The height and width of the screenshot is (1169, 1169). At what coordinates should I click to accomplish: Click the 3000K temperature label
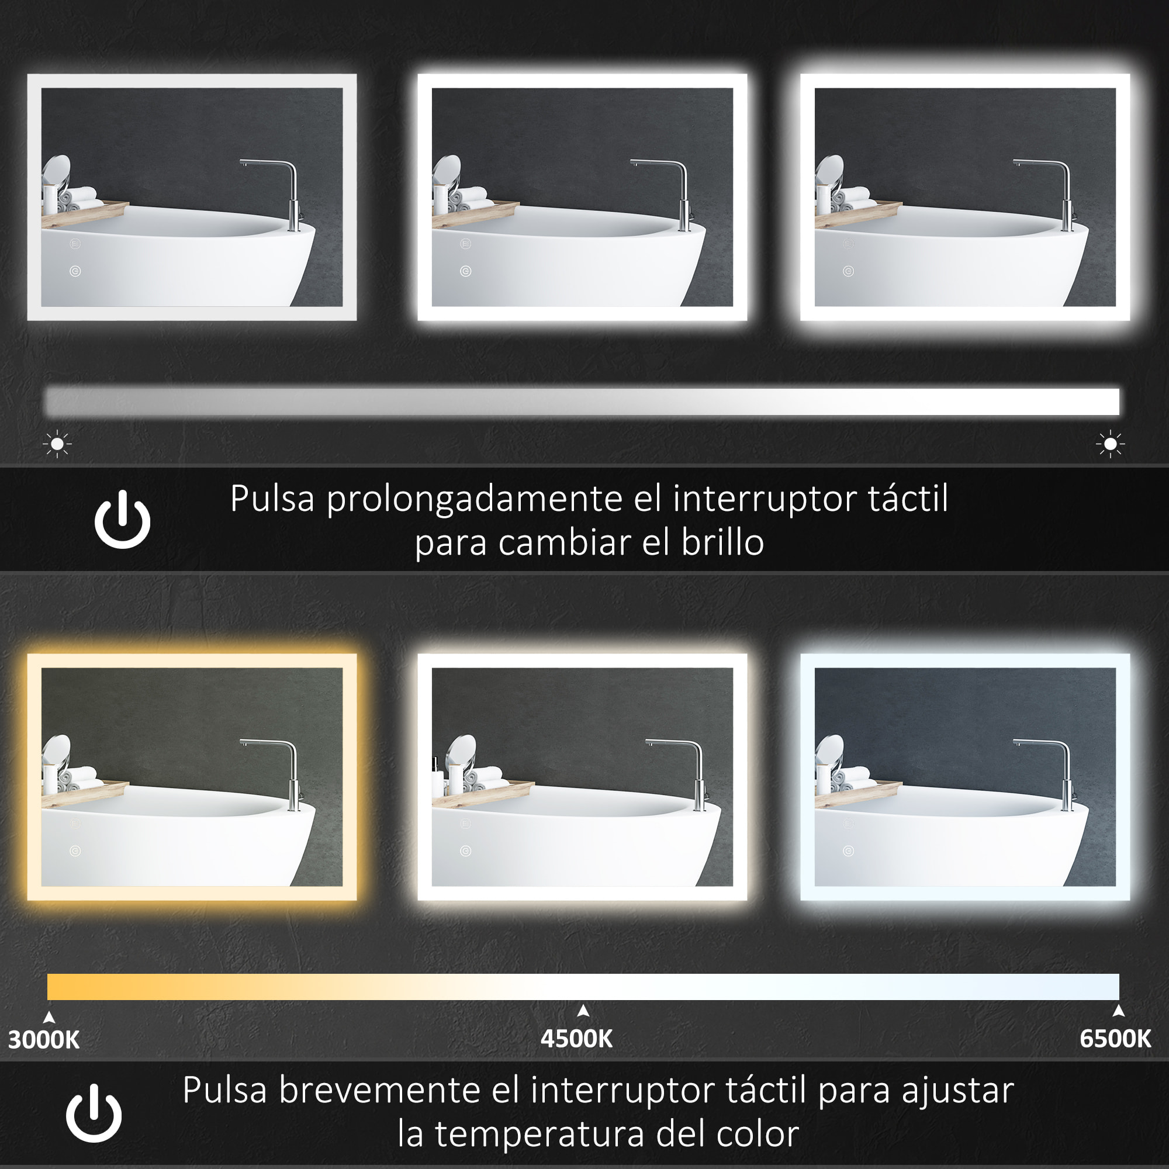coord(44,1039)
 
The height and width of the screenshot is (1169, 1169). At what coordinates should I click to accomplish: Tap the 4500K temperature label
coord(576,1038)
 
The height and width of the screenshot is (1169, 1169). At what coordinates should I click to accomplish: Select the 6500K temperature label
coord(1115,1038)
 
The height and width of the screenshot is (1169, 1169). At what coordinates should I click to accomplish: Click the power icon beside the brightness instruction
coord(122,520)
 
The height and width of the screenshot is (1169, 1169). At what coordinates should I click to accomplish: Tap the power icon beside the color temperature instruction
coord(94,1113)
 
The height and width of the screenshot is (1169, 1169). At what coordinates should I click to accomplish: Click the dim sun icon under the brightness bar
coord(57,444)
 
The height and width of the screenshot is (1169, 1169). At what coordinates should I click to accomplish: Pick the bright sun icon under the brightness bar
coord(1110,445)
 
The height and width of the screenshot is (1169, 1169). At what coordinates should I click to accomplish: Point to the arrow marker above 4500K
coord(583,1011)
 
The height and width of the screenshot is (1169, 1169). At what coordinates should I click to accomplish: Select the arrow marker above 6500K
coord(1118,1011)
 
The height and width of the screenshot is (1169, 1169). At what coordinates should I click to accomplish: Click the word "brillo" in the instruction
coord(722,542)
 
